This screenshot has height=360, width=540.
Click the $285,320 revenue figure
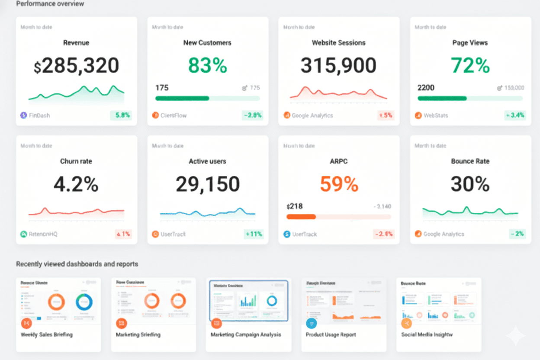pyautogui.click(x=76, y=66)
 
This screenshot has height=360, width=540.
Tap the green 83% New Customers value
pyautogui.click(x=208, y=66)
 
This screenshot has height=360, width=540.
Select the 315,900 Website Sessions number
pyautogui.click(x=339, y=66)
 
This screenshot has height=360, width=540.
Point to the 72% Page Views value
pyautogui.click(x=470, y=66)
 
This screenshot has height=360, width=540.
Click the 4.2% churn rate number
pyautogui.click(x=76, y=184)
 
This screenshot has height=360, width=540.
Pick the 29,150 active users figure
pyautogui.click(x=208, y=184)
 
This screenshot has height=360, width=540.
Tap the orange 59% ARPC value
pyautogui.click(x=339, y=184)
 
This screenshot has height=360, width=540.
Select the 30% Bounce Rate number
pyautogui.click(x=470, y=184)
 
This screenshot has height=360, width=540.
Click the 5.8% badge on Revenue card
pyautogui.click(x=121, y=116)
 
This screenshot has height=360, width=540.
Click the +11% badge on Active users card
pyautogui.click(x=254, y=234)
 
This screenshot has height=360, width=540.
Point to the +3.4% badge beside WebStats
pyautogui.click(x=515, y=116)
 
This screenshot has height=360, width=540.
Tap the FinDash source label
pyautogui.click(x=39, y=116)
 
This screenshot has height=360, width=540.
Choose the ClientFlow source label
pyautogui.click(x=174, y=116)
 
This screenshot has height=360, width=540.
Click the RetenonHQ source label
pyautogui.click(x=43, y=234)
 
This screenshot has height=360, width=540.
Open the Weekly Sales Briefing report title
pyautogui.click(x=47, y=334)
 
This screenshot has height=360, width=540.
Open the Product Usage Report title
pyautogui.click(x=331, y=334)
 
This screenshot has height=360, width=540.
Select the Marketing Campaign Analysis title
pyautogui.click(x=246, y=334)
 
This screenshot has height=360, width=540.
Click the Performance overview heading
pyautogui.click(x=50, y=4)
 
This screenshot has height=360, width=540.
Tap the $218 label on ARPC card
pyautogui.click(x=295, y=206)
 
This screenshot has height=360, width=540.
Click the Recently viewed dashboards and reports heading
pyautogui.click(x=77, y=264)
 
